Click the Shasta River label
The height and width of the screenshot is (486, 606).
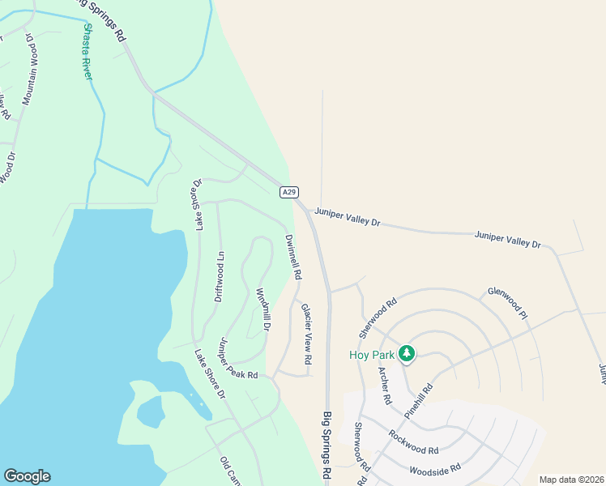pyautogui.click(x=87, y=50)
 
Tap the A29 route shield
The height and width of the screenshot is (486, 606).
pyautogui.click(x=289, y=192)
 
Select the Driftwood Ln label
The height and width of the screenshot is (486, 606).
pyautogui.click(x=219, y=276)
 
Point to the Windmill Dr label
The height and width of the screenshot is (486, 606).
pyautogui.click(x=262, y=310)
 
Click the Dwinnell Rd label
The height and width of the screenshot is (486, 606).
pyautogui.click(x=292, y=257)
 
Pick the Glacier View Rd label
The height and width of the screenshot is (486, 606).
pyautogui.click(x=306, y=333)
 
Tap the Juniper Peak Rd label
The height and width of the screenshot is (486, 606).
pyautogui.click(x=237, y=359)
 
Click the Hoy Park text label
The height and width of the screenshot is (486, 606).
pyautogui.click(x=371, y=355)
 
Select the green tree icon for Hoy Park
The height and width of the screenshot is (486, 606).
pyautogui.click(x=407, y=354)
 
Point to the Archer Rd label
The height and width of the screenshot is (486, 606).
pyautogui.click(x=384, y=385)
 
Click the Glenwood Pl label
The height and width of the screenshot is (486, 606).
pyautogui.click(x=507, y=302)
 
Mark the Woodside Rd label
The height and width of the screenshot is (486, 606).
pyautogui.click(x=435, y=469)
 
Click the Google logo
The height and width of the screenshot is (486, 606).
pyautogui.click(x=27, y=476)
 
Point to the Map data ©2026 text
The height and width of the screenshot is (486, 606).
pyautogui.click(x=570, y=480)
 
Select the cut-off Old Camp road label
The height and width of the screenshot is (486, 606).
pyautogui.click(x=230, y=471)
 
